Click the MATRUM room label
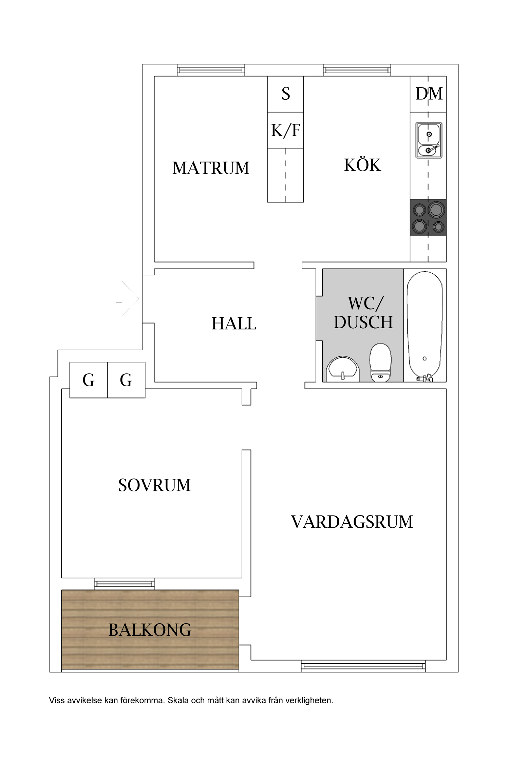click(x=211, y=168)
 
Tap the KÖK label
click(x=362, y=165)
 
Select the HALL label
click(x=234, y=323)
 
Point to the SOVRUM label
click(x=154, y=485)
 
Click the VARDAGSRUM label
click(x=352, y=522)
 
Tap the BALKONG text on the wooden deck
click(x=150, y=630)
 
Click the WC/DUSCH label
click(x=363, y=313)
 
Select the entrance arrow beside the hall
click(x=127, y=298)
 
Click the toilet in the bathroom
click(x=380, y=363)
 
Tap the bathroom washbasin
click(x=343, y=369)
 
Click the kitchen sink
click(x=429, y=140)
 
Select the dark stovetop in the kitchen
click(x=428, y=218)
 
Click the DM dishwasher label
click(x=429, y=94)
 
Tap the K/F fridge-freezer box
click(x=285, y=130)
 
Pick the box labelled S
click(x=285, y=94)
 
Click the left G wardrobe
click(x=89, y=380)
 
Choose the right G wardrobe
click(x=126, y=380)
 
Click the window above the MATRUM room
click(x=211, y=70)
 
